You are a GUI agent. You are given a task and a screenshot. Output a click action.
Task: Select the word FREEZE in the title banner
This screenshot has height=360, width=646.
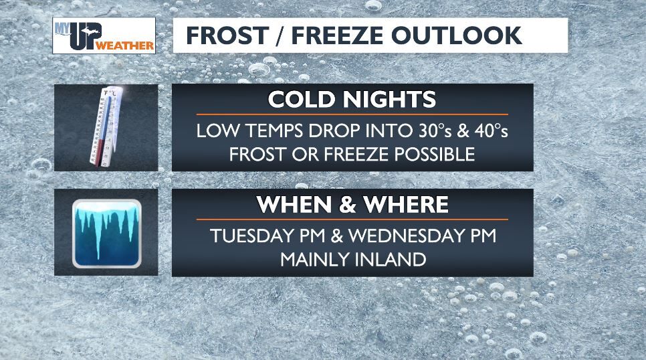tap(336, 35)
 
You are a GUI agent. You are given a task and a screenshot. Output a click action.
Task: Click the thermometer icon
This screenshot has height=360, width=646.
tap(105, 127)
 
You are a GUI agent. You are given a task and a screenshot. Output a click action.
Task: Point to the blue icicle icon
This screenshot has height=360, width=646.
tap(106, 232)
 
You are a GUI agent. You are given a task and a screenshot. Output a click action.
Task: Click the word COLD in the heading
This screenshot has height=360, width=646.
tap(301, 100)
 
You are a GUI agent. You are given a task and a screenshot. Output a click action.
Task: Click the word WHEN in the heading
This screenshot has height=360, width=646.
tap(298, 205)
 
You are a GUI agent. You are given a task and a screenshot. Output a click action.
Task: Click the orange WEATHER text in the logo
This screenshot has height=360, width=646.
tap(125, 46)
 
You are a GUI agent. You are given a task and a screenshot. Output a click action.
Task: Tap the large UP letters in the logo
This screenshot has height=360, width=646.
tap(82, 39)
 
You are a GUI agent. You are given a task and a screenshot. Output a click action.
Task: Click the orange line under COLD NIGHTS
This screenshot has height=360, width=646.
tap(352, 114)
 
